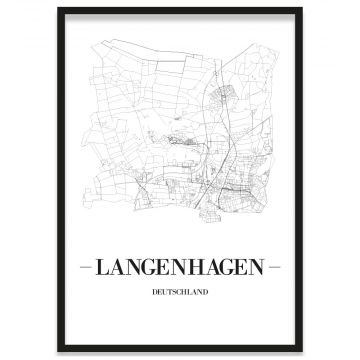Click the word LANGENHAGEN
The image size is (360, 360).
(179, 268)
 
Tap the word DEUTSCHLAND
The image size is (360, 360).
(180, 293)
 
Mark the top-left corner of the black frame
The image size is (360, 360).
(59, 9)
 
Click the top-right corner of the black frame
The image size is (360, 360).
(301, 9)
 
